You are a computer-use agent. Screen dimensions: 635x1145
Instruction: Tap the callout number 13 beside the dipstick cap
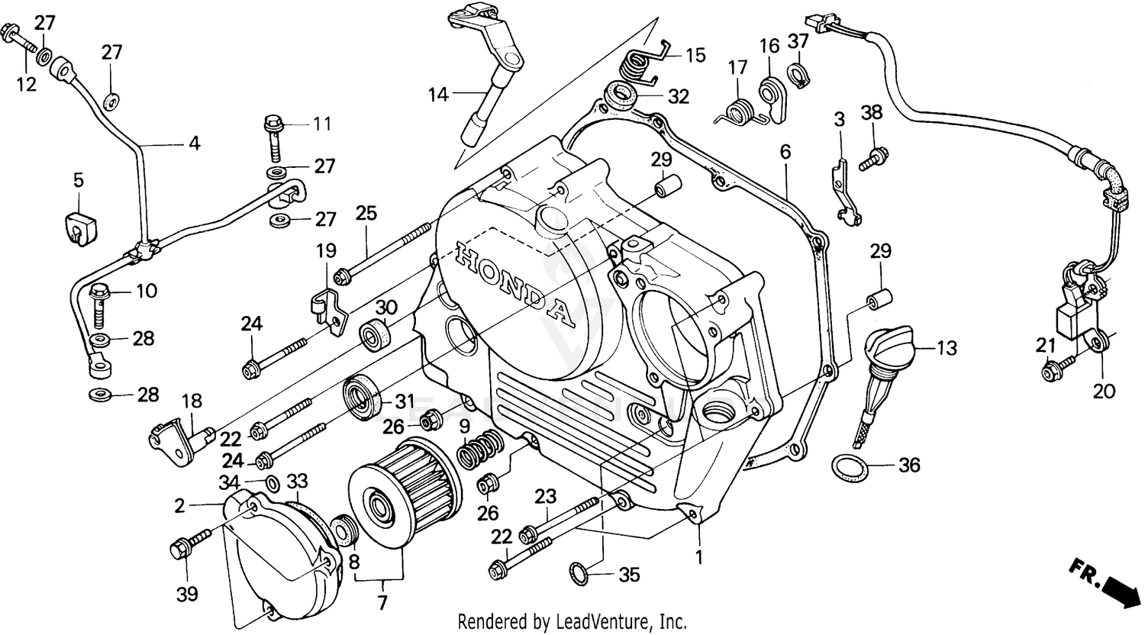click(x=946, y=349)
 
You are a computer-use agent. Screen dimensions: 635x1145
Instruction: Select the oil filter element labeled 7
click(x=405, y=488)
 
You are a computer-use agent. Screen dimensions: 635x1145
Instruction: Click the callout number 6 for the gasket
click(x=785, y=152)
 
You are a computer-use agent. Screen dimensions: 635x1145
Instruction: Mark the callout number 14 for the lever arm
click(x=438, y=95)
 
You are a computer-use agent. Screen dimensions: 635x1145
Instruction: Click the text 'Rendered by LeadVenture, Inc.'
click(x=572, y=621)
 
